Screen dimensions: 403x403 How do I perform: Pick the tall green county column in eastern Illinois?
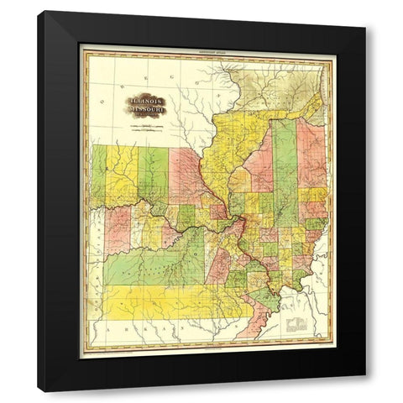pos(284,172)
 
